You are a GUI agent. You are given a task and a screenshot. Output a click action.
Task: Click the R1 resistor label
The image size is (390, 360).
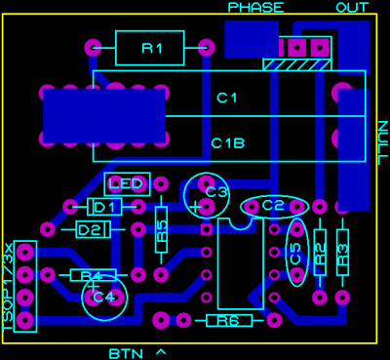(x=152, y=49)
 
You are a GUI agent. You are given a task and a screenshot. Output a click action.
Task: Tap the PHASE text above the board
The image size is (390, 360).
(x=255, y=8)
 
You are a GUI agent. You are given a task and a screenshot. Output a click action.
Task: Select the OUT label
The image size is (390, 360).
(x=352, y=8)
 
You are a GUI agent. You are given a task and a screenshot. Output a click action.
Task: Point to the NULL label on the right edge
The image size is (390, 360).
(x=384, y=142)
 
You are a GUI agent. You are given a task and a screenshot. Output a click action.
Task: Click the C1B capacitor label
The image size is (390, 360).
(x=228, y=143)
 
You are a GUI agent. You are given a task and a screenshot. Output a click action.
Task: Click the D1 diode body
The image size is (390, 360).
(x=104, y=207)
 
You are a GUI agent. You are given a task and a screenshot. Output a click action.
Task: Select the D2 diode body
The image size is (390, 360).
(x=94, y=230)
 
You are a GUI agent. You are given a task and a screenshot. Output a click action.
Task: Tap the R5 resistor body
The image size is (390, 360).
(x=161, y=229)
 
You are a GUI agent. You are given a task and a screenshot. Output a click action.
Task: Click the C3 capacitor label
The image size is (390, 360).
(x=217, y=193)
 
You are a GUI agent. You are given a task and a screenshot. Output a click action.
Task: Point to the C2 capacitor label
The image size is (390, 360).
(x=274, y=206)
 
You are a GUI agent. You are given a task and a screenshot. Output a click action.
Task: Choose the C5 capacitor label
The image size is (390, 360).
(x=296, y=253)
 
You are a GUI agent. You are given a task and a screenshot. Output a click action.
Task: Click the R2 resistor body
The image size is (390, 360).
(x=320, y=253)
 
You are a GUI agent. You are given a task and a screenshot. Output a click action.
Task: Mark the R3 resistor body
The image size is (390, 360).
(x=342, y=253)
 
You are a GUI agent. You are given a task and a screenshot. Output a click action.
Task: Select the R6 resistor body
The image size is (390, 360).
(x=229, y=321)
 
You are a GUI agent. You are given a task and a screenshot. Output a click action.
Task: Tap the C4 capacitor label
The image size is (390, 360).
(x=103, y=297)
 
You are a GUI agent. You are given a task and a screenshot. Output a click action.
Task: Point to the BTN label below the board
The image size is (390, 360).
(x=126, y=353)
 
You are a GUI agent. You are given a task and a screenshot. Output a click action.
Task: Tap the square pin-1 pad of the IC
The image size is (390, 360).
(x=206, y=229)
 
